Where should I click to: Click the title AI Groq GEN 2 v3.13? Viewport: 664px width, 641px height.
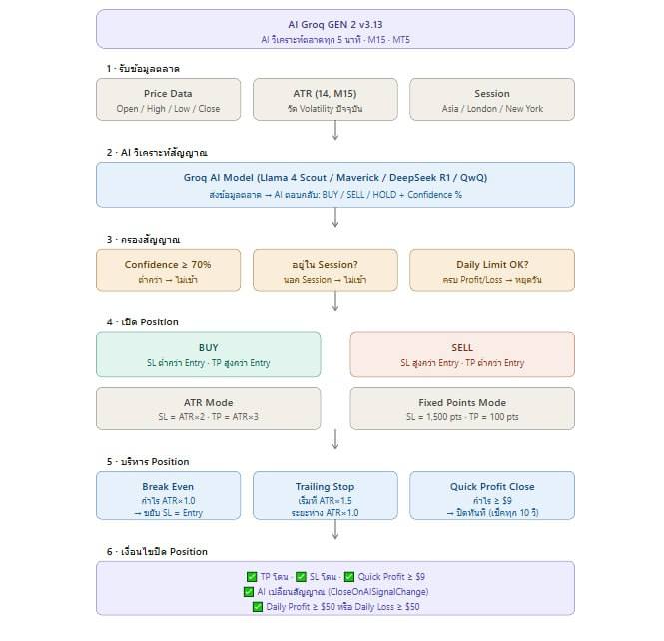[x=334, y=25]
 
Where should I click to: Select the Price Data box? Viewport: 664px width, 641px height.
[x=168, y=100]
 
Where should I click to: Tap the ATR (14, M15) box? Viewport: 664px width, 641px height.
[x=326, y=100]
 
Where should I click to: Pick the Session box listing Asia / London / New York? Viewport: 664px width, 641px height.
[x=492, y=100]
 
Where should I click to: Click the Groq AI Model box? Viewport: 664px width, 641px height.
[x=335, y=185]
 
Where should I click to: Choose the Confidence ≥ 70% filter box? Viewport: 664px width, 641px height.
[x=168, y=271]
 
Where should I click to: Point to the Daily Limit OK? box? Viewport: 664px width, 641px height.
[x=492, y=271]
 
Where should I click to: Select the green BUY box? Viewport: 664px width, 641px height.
[x=209, y=354]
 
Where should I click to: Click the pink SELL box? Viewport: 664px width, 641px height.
[x=462, y=354]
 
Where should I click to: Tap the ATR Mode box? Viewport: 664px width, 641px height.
[x=209, y=409]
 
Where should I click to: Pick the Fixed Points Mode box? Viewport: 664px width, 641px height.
[x=462, y=409]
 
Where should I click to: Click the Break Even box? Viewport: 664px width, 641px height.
[x=168, y=496]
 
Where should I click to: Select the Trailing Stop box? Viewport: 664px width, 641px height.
[x=326, y=496]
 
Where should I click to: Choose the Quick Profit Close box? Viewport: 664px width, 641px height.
[x=492, y=496]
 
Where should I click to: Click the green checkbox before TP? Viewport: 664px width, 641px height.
[x=252, y=577]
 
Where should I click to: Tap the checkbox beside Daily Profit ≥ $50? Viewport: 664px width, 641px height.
[x=258, y=607]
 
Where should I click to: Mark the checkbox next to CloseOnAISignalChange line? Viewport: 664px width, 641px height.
[x=249, y=592]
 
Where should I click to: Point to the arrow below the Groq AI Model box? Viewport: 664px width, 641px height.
[x=335, y=218]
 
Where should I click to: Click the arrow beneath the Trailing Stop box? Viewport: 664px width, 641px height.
[x=335, y=529]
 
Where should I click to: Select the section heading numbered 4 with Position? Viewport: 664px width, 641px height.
[x=143, y=322]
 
